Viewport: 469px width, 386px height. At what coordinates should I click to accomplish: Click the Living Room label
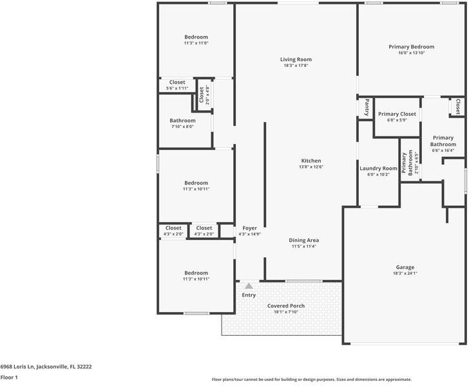pos(296,60)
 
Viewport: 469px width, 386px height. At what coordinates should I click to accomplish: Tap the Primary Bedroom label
pos(411,47)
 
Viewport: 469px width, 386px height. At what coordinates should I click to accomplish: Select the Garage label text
pos(405,267)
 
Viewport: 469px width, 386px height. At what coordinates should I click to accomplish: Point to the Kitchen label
pos(311,161)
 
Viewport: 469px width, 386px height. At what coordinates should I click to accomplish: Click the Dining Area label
pos(304,240)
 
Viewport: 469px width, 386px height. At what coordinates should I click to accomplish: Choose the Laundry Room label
pos(378,169)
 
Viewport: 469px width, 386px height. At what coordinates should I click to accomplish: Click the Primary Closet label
pos(397,114)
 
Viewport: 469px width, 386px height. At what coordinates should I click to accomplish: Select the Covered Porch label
pos(286,306)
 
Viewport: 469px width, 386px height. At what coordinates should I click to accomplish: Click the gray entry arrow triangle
pos(248,285)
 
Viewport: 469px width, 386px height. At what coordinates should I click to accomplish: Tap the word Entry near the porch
pos(249,295)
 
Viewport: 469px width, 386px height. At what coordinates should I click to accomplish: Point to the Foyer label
pos(249,228)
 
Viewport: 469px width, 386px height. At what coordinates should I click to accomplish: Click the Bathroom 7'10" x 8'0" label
pos(182,121)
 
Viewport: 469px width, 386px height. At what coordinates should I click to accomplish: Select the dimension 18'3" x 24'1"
pos(405,273)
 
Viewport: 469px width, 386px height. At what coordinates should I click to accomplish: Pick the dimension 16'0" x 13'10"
pos(411,53)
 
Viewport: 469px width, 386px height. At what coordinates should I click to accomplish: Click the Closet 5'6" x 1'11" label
pos(177,82)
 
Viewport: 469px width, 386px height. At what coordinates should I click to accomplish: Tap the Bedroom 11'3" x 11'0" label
pos(196,37)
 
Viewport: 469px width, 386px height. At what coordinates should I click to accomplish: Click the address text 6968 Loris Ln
pos(46,367)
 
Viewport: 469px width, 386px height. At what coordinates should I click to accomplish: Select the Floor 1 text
pos(9,378)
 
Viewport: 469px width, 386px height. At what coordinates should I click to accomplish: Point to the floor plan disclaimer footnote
pos(312,380)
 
